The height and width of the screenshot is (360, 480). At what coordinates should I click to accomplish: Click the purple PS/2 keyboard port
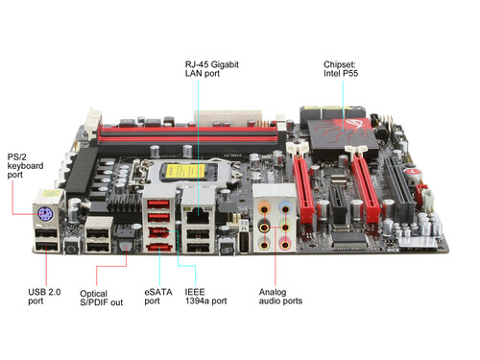[x=45, y=213]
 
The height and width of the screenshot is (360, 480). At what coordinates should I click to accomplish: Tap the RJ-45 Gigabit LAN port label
[x=212, y=69]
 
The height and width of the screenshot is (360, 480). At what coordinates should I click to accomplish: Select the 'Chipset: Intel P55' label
[x=341, y=69]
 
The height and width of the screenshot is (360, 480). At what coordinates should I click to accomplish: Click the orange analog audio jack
[x=264, y=210]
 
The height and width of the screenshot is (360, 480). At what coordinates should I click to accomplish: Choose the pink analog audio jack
[x=285, y=245]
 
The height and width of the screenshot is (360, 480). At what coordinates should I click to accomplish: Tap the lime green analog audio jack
[x=285, y=228]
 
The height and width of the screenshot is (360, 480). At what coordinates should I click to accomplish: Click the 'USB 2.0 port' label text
[x=44, y=297]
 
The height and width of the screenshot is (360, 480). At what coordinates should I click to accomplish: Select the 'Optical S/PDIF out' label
[x=101, y=298]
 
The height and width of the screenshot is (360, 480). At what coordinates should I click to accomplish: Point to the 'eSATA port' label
[x=158, y=297]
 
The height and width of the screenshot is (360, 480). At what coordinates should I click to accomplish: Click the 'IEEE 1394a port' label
[x=205, y=297]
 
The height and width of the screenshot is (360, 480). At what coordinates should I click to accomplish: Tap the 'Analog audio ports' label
[x=280, y=297]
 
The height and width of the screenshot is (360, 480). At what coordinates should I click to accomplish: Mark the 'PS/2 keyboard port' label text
[x=25, y=166]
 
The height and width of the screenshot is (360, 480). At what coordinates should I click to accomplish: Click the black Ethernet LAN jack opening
[x=198, y=216]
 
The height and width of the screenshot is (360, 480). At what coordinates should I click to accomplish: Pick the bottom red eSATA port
[x=159, y=248]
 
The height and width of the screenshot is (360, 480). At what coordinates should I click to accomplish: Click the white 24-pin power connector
[x=228, y=118]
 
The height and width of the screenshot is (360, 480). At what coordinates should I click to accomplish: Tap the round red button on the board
[x=412, y=173]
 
